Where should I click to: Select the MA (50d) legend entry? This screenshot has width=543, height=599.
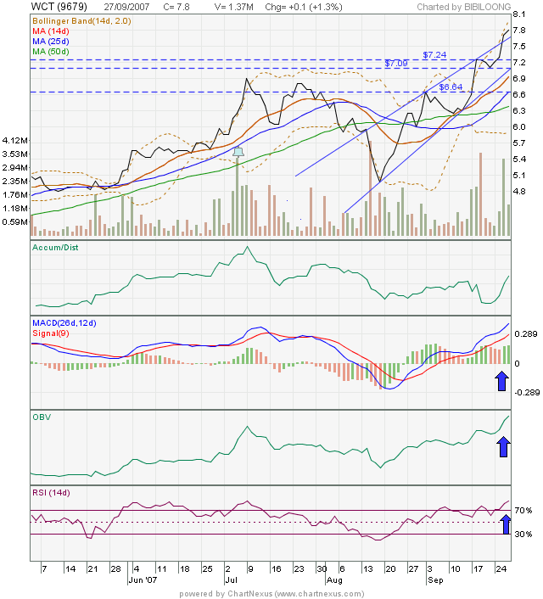(x=50, y=52)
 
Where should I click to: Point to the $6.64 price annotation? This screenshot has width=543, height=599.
(x=451, y=87)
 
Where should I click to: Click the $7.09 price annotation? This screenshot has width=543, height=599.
(x=396, y=64)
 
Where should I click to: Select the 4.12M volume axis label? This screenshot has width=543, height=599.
(x=16, y=140)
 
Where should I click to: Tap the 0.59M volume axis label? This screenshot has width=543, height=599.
(x=16, y=222)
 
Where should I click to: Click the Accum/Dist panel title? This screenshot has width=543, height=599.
(x=55, y=248)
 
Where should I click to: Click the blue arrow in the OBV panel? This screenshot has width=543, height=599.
(x=502, y=445)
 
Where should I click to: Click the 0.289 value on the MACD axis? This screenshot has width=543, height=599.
(x=528, y=335)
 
